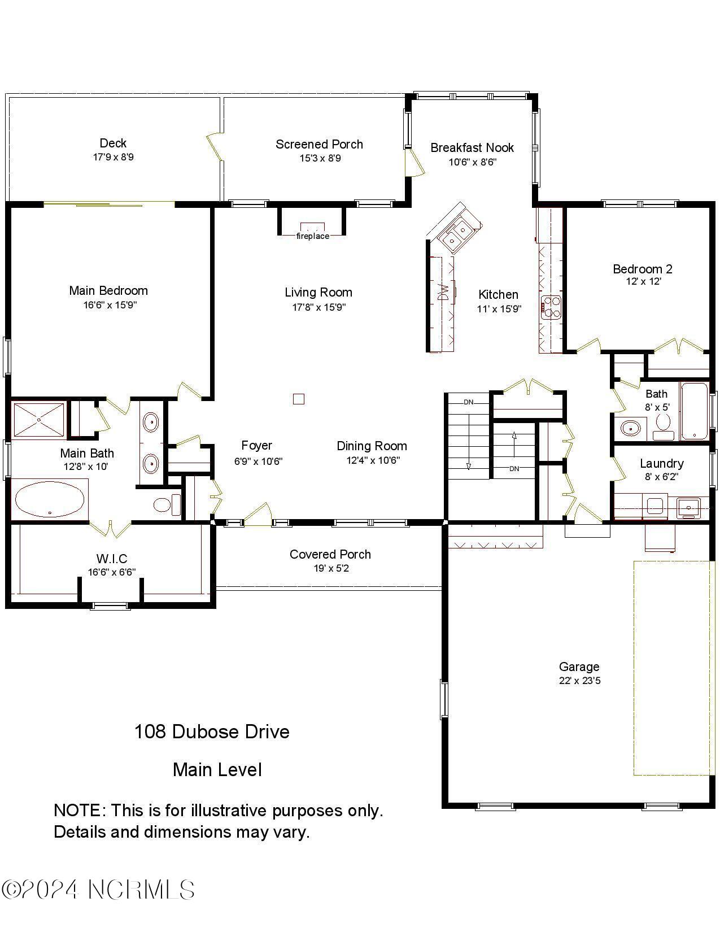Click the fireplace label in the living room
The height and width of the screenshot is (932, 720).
312,236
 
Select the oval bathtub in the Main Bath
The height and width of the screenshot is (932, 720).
50,499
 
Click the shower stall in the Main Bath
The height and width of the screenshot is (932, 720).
38,420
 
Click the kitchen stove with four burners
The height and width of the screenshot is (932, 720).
551,308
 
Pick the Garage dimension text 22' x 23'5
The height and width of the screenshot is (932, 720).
579,681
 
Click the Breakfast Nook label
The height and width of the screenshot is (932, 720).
472,147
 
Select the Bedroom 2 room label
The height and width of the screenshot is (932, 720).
643,269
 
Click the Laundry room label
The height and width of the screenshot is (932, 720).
661,463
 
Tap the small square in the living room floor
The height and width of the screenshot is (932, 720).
299,399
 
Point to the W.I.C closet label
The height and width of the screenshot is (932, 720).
112,559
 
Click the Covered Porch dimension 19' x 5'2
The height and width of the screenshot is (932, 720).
331,568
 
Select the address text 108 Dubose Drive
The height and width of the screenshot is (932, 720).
212,731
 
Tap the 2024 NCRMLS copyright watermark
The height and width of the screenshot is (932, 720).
98,890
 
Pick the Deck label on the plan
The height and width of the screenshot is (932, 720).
113,143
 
